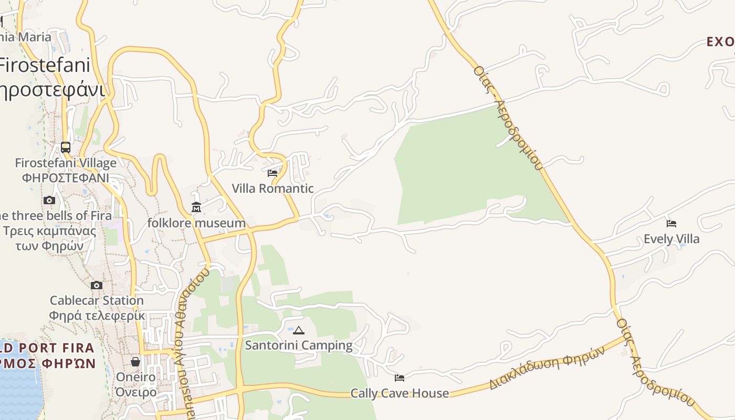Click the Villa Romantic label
pyautogui.click(x=272, y=188)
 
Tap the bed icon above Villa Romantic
pyautogui.click(x=272, y=173)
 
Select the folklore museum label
pyautogui.click(x=196, y=223)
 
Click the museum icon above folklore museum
pyautogui.click(x=196, y=207)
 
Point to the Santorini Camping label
pyautogui.click(x=299, y=345)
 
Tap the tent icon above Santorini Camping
pyautogui.click(x=299, y=330)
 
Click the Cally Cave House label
pyautogui.click(x=400, y=393)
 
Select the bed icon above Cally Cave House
pyautogui.click(x=400, y=377)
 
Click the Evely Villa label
pyautogui.click(x=671, y=239)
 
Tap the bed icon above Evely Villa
pyautogui.click(x=671, y=224)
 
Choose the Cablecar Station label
pyautogui.click(x=97, y=301)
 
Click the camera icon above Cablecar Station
pyautogui.click(x=97, y=286)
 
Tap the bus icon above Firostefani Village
pyautogui.click(x=66, y=148)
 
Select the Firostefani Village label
pyautogui.click(x=66, y=163)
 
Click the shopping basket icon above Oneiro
pyautogui.click(x=135, y=362)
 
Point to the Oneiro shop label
pyautogui.click(x=135, y=377)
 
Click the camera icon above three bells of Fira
pyautogui.click(x=49, y=200)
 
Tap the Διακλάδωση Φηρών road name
pyautogui.click(x=546, y=367)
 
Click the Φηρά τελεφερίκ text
pyautogui.click(x=97, y=316)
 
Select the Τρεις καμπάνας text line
pyautogui.click(x=49, y=231)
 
